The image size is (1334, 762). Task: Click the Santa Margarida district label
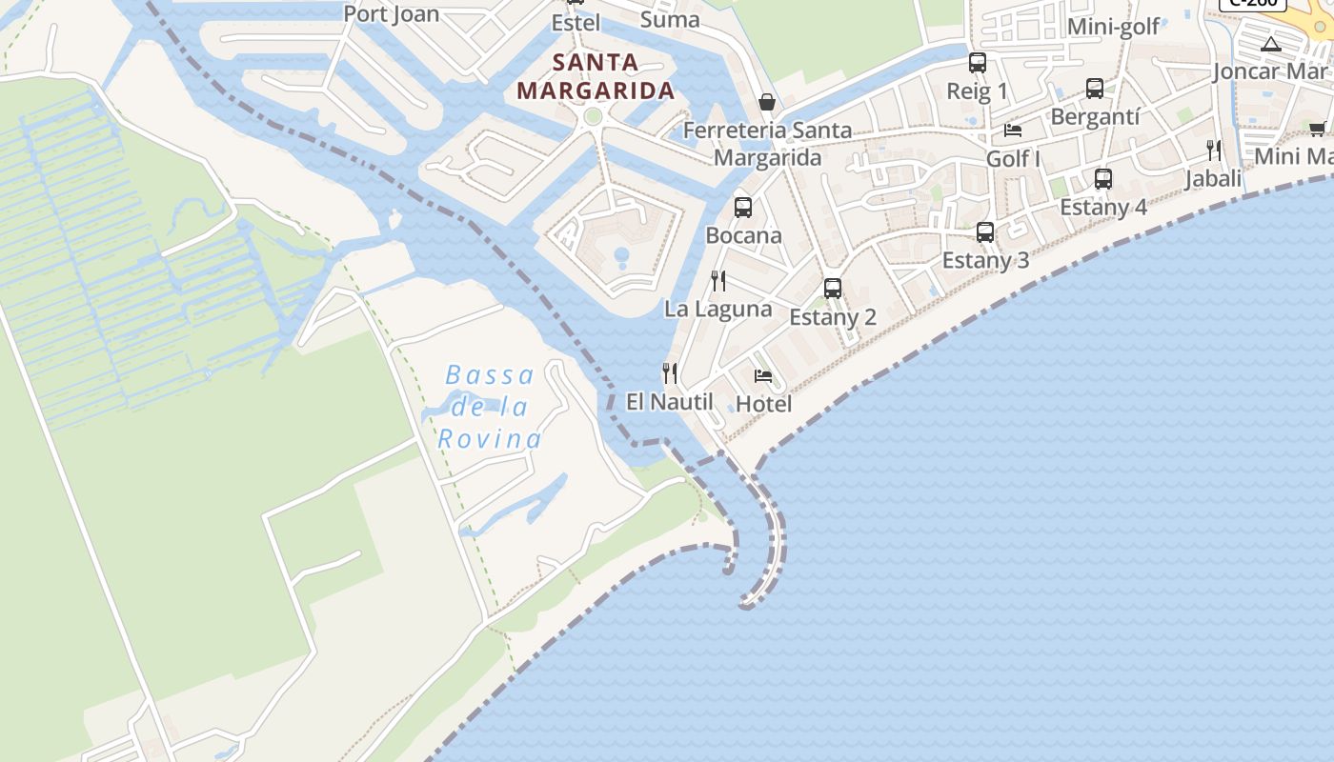pos(596,77)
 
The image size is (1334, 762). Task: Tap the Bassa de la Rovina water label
pos(490,407)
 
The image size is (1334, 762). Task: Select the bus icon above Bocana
pos(743,207)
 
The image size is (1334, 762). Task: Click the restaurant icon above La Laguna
pos(718,281)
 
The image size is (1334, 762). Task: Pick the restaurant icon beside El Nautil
pos(671,373)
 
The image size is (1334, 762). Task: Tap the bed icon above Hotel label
pos(763,376)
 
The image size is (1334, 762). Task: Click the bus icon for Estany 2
pos(833,288)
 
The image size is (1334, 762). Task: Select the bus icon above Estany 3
pos(985,231)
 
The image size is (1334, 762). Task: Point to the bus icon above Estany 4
pos(1103,178)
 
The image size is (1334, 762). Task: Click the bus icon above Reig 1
pos(978,63)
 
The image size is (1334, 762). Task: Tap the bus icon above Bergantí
pos(1095,88)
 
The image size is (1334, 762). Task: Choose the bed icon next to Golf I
pos(1013,130)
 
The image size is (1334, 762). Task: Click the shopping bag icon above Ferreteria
pos(767,101)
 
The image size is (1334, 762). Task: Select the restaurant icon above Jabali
pos(1214,150)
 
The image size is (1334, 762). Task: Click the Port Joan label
pos(391,13)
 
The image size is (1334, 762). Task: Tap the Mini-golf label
pos(1113,26)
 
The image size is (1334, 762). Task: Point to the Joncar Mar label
pos(1269,71)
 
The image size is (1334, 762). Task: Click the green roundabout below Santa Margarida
pos(594,116)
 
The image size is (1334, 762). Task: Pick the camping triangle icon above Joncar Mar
pos(1271,44)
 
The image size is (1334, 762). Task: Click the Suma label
pos(670,19)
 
